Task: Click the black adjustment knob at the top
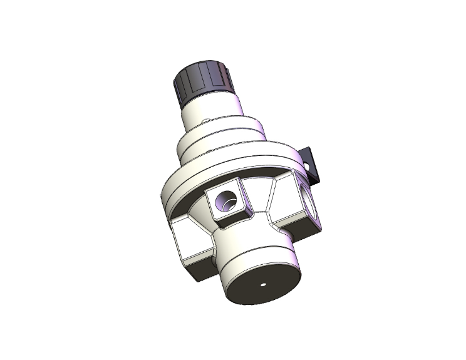(202, 83)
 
